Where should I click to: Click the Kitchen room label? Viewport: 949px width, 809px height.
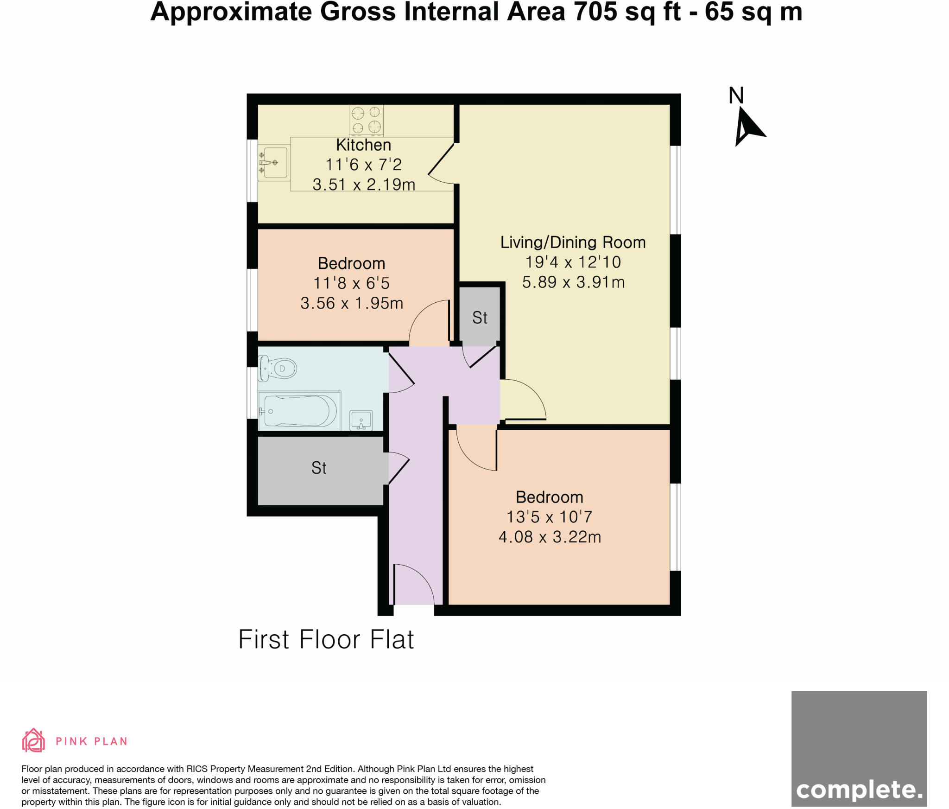coord(363,145)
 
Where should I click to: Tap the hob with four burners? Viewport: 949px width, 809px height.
coord(366,120)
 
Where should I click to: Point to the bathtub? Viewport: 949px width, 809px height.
coord(299,411)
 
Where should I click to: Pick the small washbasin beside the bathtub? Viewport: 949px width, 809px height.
coord(361,420)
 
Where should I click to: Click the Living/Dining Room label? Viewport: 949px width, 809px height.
coord(573,242)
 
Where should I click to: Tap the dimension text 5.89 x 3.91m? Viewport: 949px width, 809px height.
coord(573,282)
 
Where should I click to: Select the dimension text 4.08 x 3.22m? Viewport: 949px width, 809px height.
coord(550,537)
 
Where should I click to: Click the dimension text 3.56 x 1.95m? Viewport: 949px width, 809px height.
coord(352,303)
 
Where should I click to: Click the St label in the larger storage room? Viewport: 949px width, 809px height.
coord(319,468)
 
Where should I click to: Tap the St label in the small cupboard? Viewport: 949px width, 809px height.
coord(480,318)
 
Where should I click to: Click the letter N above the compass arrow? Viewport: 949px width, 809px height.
coord(736,96)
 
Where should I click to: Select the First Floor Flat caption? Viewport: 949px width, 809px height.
coord(326,640)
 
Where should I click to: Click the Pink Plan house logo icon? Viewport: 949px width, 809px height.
coord(33,740)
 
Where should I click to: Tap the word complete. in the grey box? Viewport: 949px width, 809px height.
coord(859,790)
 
